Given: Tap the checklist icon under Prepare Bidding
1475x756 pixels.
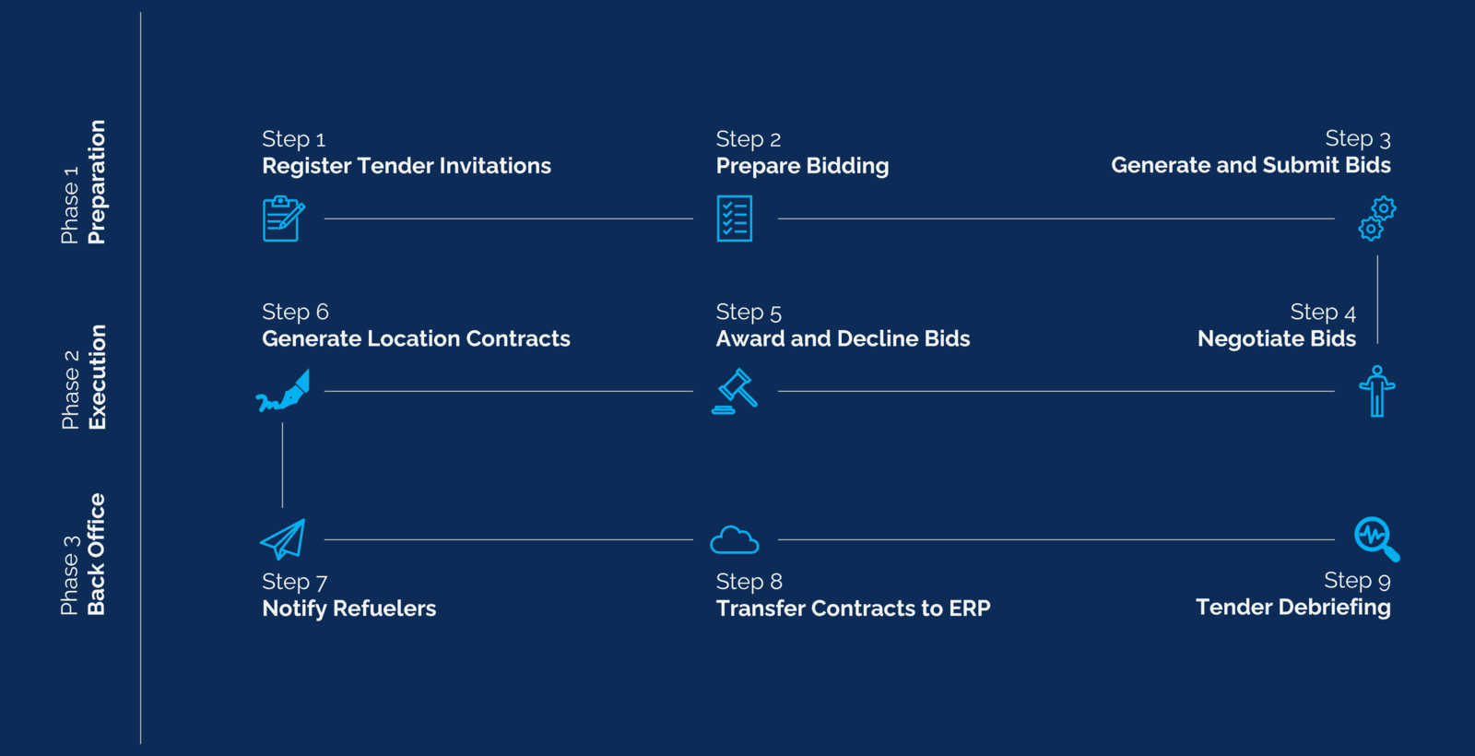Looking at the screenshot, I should (735, 219).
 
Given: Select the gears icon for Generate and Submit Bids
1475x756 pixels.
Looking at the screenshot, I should (1377, 219).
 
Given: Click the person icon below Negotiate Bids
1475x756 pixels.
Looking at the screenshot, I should (1377, 391).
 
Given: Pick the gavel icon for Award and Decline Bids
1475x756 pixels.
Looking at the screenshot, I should (735, 392).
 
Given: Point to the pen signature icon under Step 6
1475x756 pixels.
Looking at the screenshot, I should (283, 391).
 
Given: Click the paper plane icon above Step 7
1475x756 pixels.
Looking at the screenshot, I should (283, 539).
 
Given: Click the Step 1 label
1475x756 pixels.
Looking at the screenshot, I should (293, 139).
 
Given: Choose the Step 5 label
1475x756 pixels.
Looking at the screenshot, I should (749, 313).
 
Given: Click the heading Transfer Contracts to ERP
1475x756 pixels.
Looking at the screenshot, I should (853, 608).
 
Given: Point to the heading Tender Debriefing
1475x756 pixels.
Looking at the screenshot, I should (1292, 608).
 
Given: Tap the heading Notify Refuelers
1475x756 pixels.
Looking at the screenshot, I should (348, 608).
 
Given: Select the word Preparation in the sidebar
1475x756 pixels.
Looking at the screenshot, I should (97, 182).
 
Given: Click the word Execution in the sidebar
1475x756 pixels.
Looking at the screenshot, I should (97, 377).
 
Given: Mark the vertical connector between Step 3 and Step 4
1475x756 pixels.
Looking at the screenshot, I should (1377, 299).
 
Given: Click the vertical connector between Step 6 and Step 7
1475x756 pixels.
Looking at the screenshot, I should (282, 465).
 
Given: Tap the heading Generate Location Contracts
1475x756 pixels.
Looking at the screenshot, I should (416, 339).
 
